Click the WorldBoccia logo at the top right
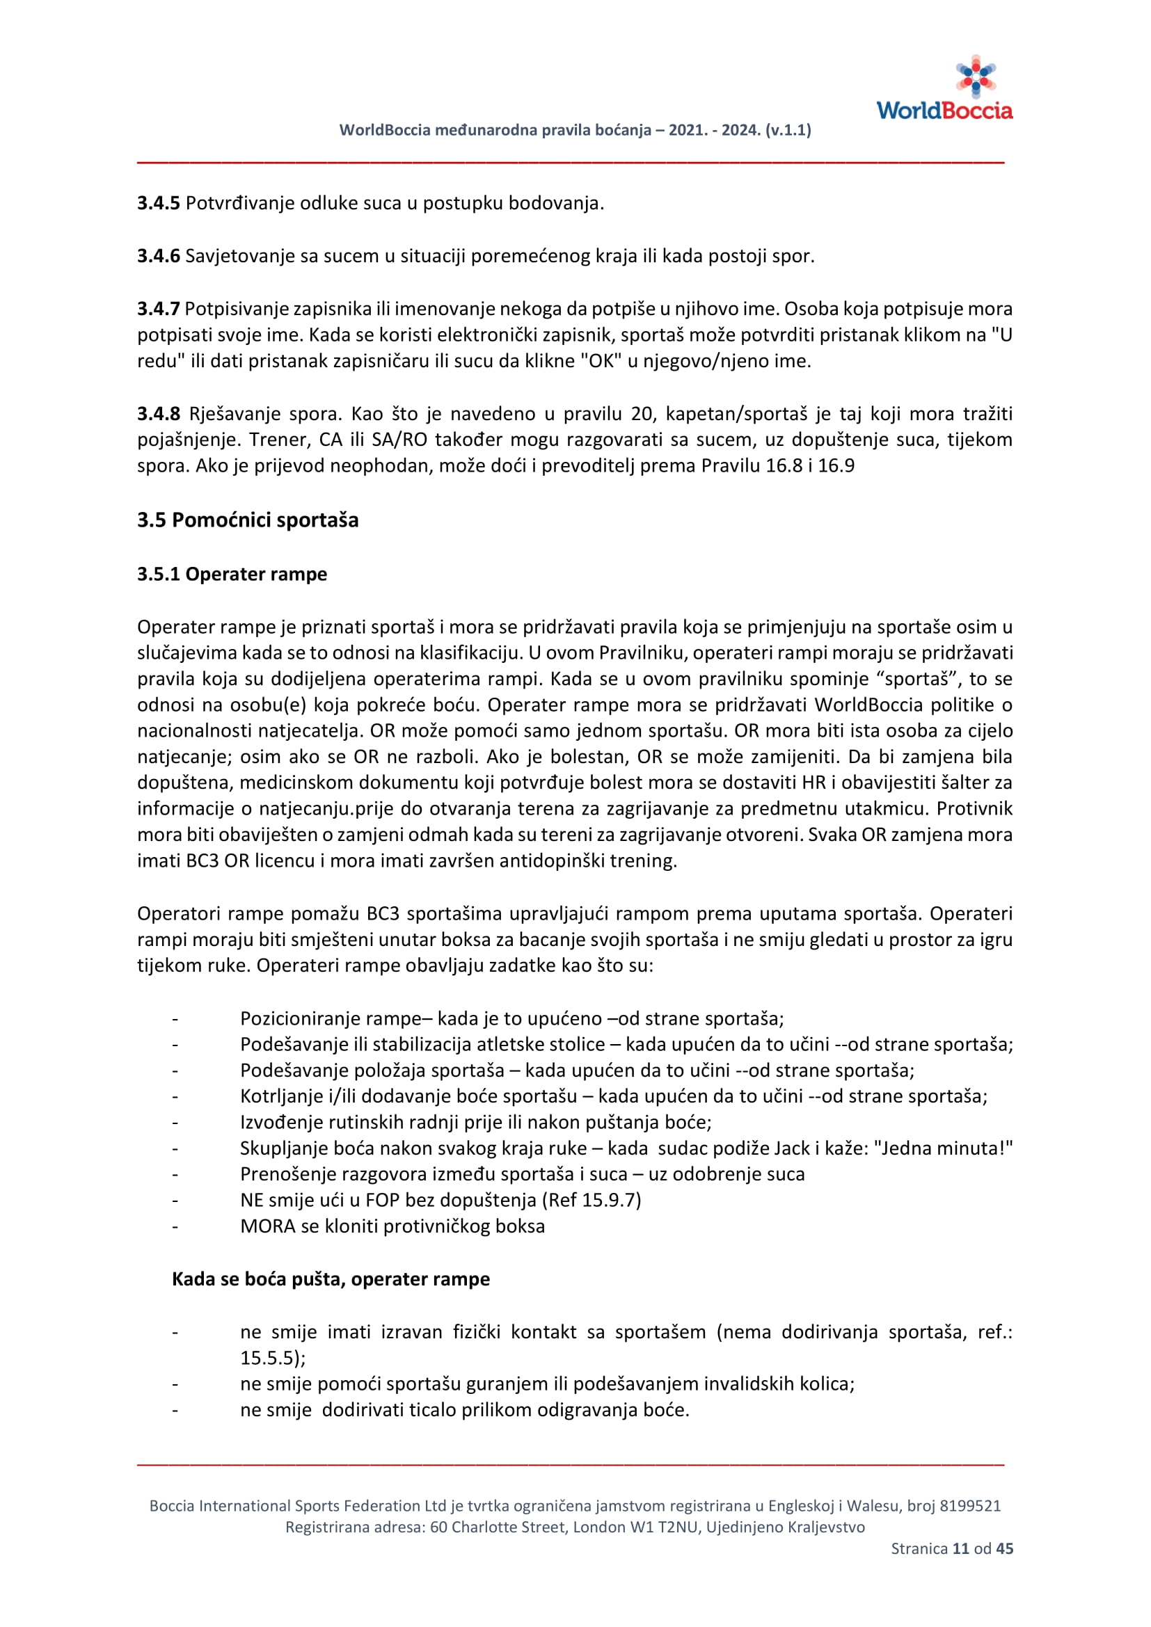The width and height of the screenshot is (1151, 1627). pyautogui.click(x=944, y=89)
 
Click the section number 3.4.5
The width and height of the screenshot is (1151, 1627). pyautogui.click(x=158, y=203)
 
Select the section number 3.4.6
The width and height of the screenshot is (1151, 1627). pyautogui.click(x=158, y=256)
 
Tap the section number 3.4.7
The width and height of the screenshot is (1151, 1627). pyautogui.click(x=158, y=309)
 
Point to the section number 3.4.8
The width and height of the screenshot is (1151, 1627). pyautogui.click(x=158, y=414)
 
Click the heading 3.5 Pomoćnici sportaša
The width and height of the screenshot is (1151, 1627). pyautogui.click(x=247, y=520)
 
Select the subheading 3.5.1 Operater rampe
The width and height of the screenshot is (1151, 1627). pyautogui.click(x=232, y=574)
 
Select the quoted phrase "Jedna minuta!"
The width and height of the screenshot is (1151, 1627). pyautogui.click(x=944, y=1148)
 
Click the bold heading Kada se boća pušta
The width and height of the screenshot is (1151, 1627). pyautogui.click(x=331, y=1279)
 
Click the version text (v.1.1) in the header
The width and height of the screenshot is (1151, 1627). pyautogui.click(x=788, y=130)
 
